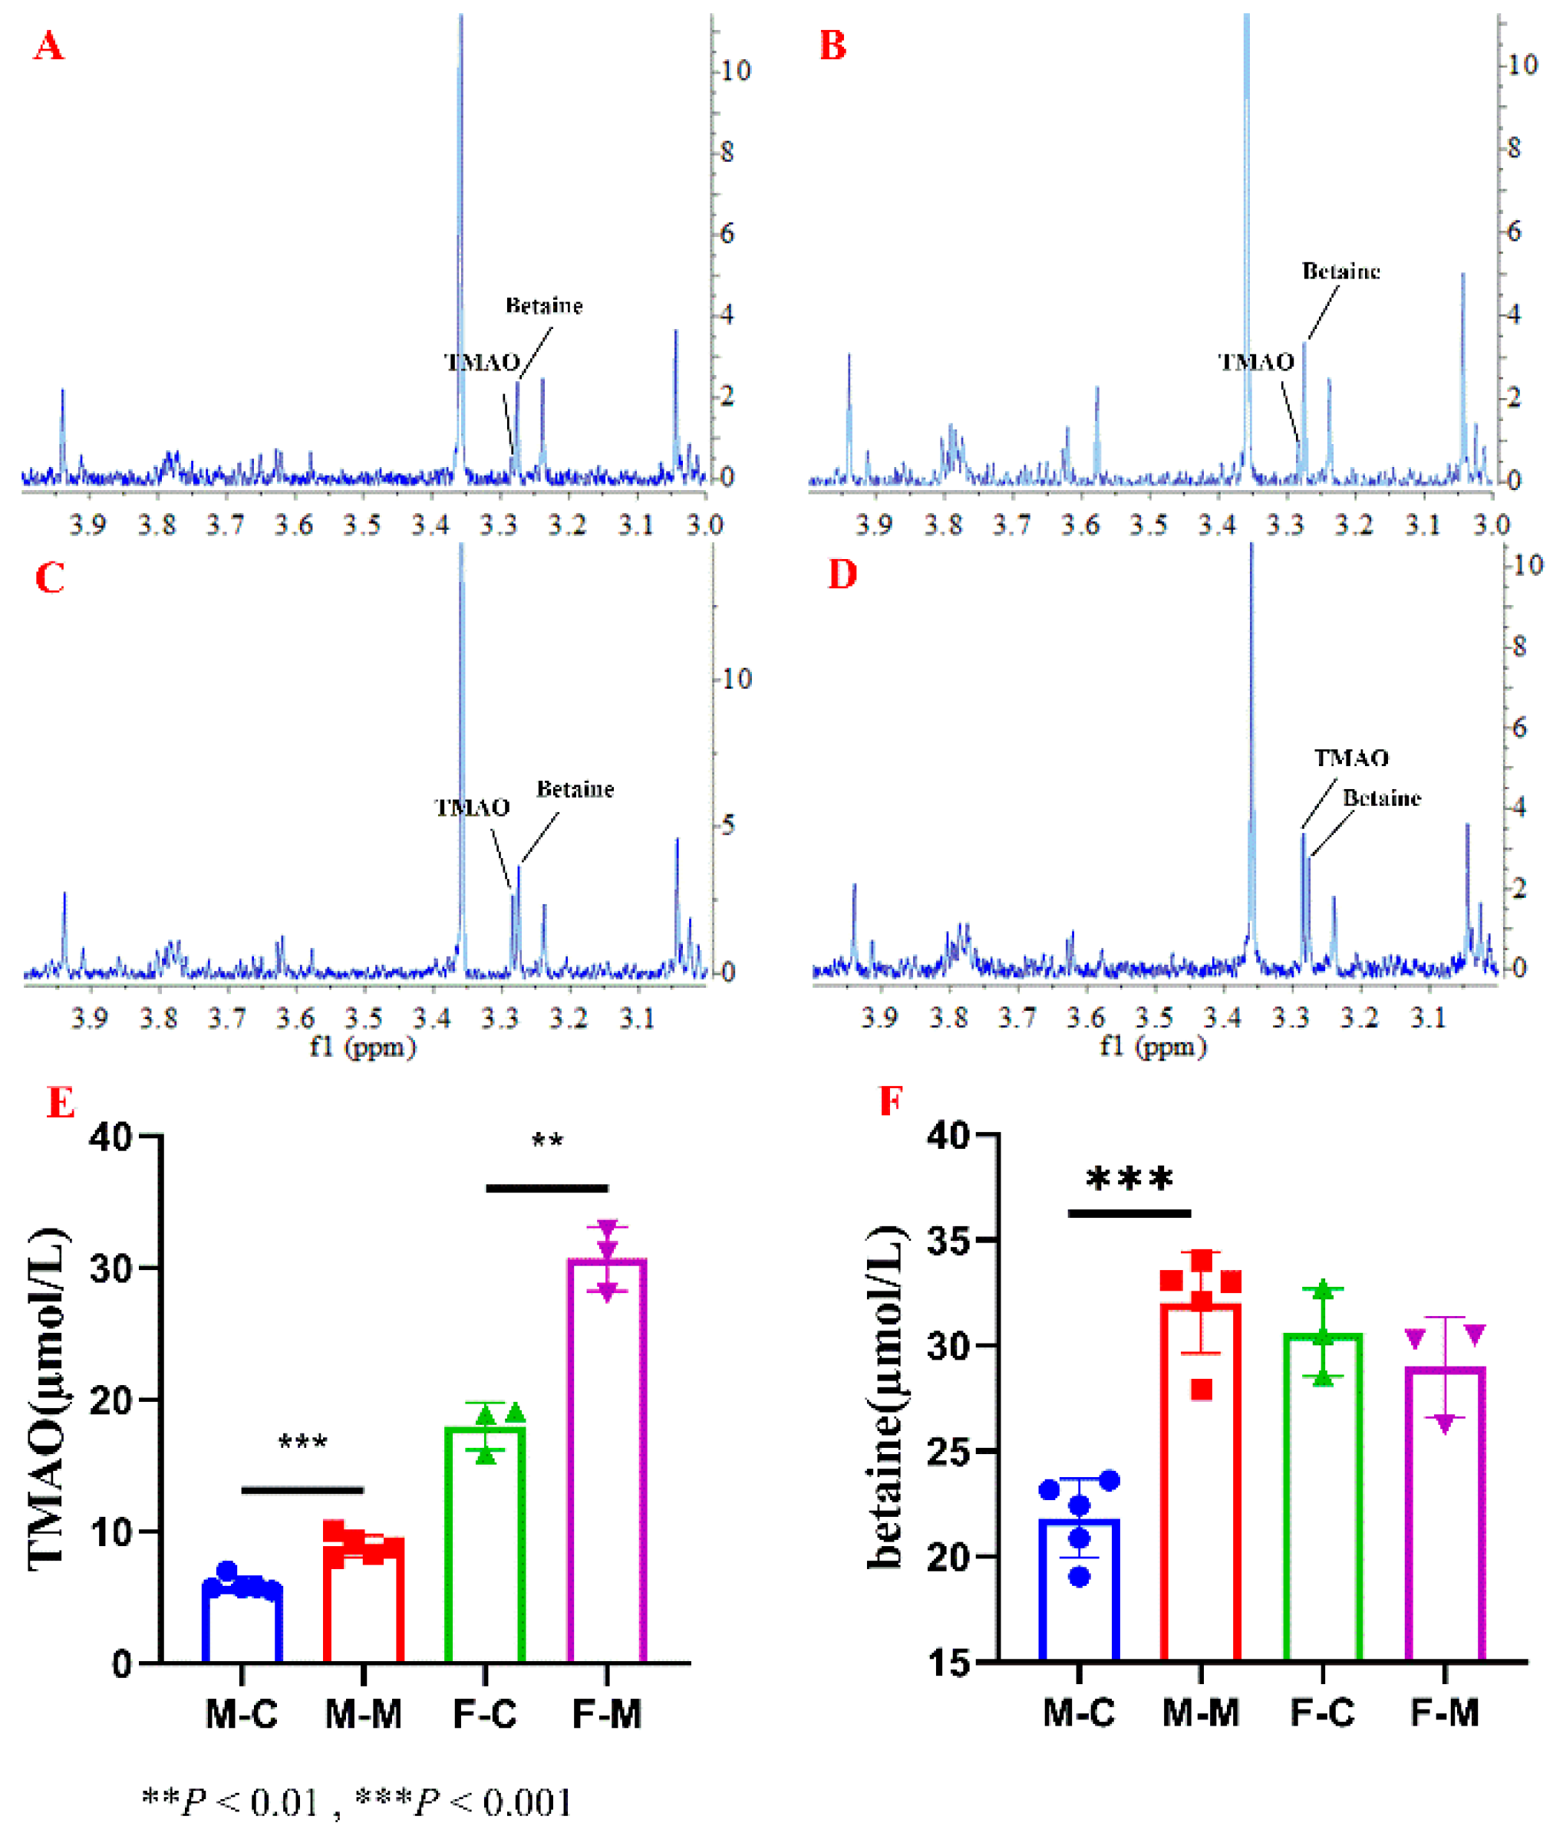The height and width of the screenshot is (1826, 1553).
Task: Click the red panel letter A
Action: (x=48, y=46)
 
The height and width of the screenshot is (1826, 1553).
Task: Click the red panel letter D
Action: (x=842, y=574)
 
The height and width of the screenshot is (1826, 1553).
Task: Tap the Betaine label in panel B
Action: (x=1340, y=271)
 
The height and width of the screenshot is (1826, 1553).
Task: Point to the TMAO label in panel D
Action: (x=1351, y=758)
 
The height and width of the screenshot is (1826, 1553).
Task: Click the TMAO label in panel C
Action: (x=473, y=808)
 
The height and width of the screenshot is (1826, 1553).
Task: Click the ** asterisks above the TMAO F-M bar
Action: (x=547, y=1141)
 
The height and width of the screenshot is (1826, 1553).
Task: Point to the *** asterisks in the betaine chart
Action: (x=1129, y=1179)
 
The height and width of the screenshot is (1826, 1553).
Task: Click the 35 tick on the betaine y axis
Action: (x=951, y=1242)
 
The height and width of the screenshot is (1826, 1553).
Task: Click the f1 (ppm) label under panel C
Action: (x=362, y=1047)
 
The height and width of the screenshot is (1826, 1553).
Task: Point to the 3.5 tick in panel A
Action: (x=362, y=525)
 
